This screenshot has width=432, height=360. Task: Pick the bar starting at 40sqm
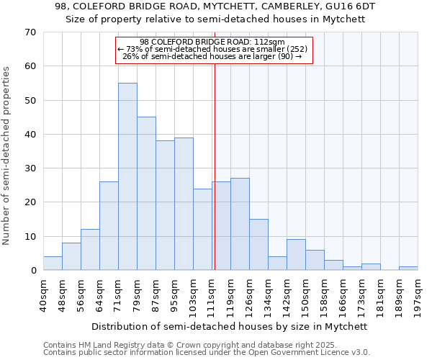(53, 264)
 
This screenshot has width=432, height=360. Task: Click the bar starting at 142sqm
(296, 255)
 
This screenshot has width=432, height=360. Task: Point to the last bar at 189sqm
(408, 269)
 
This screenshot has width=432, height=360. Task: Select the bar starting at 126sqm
(258, 245)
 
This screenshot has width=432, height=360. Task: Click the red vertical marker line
(215, 180)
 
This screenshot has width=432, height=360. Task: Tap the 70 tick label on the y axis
(30, 32)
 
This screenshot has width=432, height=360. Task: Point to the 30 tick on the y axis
(30, 168)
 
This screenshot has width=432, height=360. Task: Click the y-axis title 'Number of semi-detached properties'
(7, 156)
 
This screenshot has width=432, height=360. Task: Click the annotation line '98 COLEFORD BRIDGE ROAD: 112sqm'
(212, 42)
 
